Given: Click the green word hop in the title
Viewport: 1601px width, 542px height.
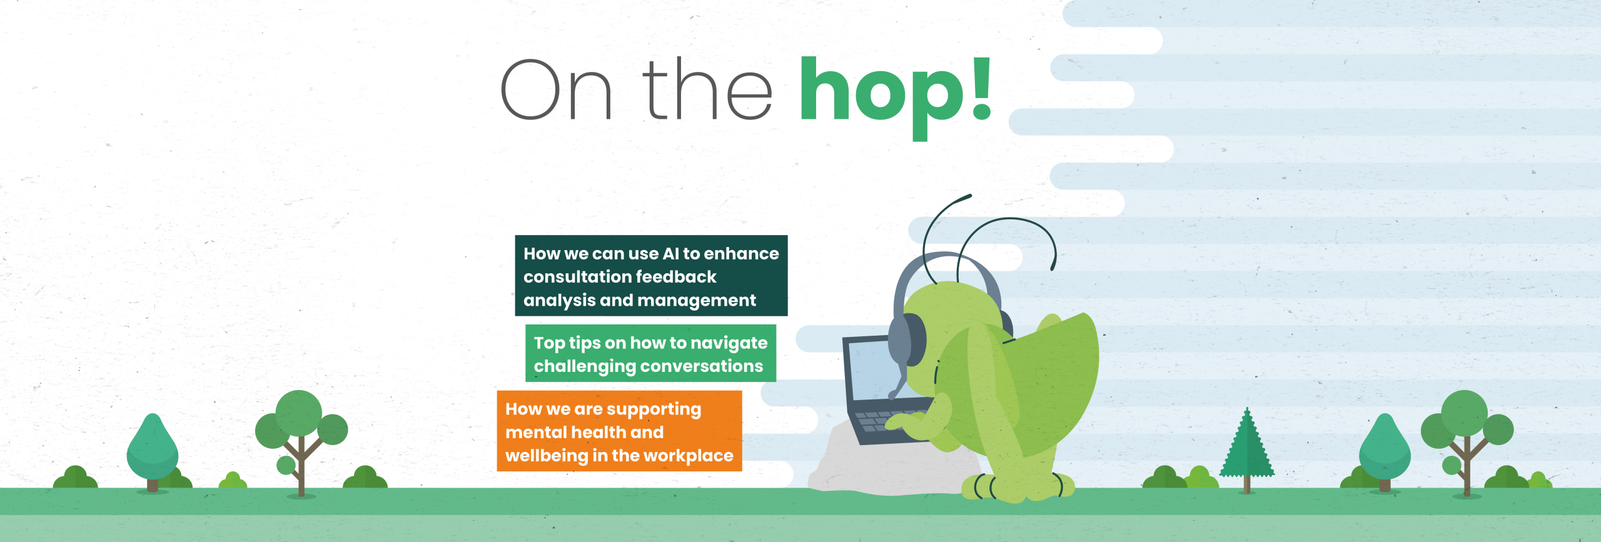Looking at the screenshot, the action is pos(884,98).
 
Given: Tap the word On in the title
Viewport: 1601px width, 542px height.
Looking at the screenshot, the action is pos(556,89).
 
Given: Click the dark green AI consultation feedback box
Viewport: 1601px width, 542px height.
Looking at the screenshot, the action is pos(651,276).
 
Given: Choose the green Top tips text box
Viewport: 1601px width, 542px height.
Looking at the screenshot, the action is pos(650,353).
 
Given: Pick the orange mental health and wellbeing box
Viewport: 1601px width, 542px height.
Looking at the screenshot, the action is pos(619,431).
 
